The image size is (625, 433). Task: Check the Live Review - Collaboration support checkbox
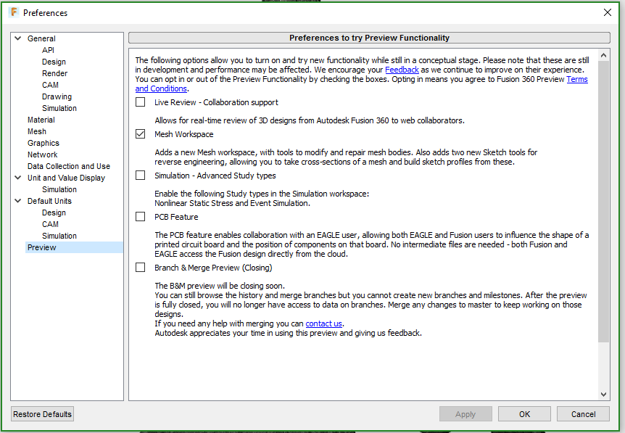(x=141, y=102)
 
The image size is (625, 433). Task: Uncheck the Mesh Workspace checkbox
(x=141, y=134)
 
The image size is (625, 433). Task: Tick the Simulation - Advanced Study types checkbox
(x=141, y=176)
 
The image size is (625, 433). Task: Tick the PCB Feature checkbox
(x=141, y=216)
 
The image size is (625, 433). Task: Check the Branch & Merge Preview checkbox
(x=141, y=267)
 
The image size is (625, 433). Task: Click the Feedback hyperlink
(x=402, y=70)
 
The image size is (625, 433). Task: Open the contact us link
(x=323, y=323)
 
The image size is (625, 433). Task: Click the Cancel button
(x=583, y=414)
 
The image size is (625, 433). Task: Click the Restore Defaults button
(x=42, y=414)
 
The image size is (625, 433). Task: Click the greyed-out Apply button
(x=465, y=414)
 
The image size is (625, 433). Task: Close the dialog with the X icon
(x=608, y=12)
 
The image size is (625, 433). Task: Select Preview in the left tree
(x=42, y=247)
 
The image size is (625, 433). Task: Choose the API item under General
(x=49, y=50)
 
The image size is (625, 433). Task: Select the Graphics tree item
(x=44, y=143)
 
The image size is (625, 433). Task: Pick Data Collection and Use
(x=69, y=166)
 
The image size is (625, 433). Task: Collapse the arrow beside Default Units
(x=18, y=201)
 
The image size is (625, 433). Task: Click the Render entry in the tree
(x=55, y=73)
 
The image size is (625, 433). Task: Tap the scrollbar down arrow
(x=603, y=395)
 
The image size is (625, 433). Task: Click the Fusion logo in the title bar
(x=14, y=12)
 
